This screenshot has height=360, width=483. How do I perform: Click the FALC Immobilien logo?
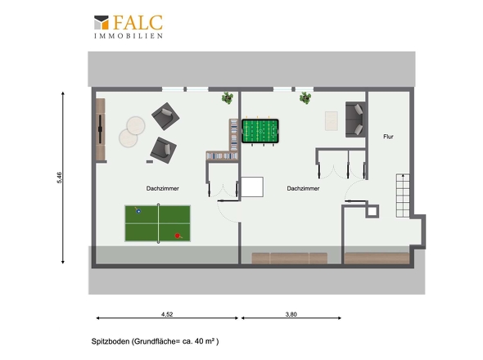point(129,27)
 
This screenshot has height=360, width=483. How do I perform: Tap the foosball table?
point(260,131)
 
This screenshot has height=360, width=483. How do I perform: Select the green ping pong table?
point(158,223)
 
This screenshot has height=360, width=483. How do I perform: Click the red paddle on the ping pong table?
point(178,236)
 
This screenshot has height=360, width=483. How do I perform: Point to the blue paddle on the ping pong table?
point(138,210)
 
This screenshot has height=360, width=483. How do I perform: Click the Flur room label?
point(388,137)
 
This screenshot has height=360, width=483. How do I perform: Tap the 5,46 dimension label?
point(60,178)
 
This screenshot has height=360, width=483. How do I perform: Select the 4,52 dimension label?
point(167,314)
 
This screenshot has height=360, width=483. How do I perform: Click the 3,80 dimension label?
point(291,314)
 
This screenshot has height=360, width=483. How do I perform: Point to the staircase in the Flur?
point(403,196)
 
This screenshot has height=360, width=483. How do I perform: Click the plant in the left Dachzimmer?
point(228,97)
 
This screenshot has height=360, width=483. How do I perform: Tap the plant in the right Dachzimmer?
point(305,97)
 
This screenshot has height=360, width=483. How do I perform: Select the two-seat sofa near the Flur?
point(355,119)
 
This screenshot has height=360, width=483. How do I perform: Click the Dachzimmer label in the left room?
point(163,188)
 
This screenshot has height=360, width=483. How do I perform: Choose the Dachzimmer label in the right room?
point(303,188)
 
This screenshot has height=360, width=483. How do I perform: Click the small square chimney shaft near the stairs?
point(372,211)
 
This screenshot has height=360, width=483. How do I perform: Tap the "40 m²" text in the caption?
point(205,341)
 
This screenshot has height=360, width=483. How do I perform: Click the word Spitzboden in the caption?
point(111,341)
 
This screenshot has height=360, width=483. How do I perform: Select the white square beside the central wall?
point(252,187)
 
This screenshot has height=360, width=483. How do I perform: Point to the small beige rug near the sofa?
point(332,121)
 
